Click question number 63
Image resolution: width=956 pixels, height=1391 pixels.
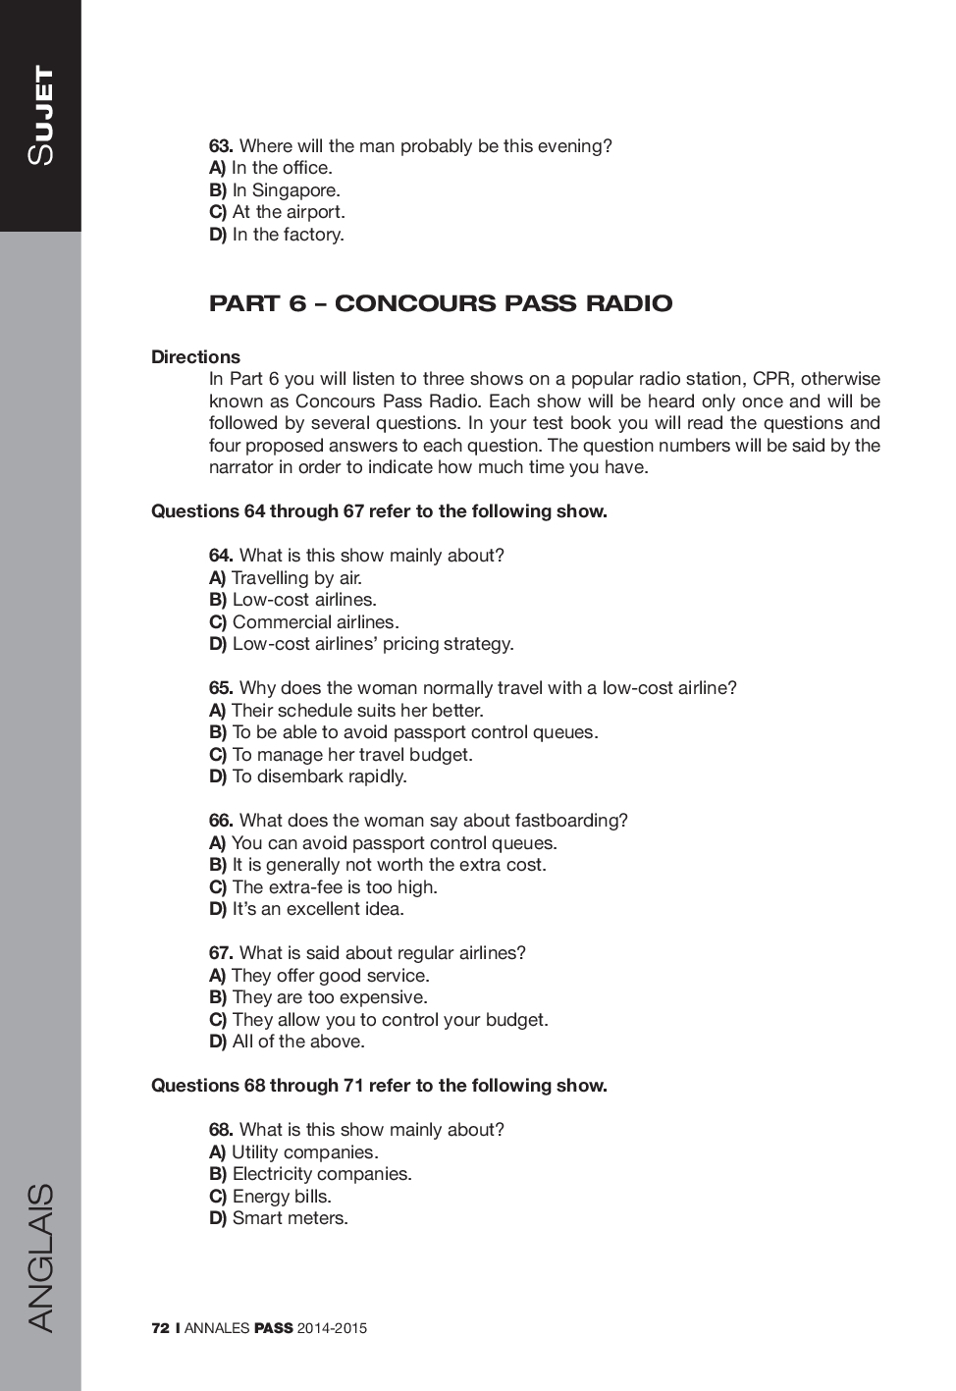pos(221,146)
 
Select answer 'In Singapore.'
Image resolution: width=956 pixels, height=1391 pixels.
pos(286,190)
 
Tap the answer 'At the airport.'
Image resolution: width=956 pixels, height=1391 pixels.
pos(289,212)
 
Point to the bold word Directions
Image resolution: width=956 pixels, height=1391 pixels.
pos(195,357)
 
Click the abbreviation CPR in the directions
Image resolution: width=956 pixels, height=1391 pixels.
pos(771,379)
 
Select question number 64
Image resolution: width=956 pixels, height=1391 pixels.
pos(221,556)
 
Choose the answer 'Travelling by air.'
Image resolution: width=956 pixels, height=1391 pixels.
pos(296,578)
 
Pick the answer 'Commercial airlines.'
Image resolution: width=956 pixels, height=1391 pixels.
pos(315,622)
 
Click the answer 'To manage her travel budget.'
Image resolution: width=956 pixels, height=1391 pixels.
pos(352,755)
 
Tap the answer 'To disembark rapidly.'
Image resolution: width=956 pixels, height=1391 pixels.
pos(319,776)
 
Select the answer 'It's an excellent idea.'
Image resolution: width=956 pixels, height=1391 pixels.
pos(318,909)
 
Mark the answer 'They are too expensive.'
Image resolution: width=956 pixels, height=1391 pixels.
pos(330,997)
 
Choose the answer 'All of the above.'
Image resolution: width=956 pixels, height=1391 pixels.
pos(298,1042)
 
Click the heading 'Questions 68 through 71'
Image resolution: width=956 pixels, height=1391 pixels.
pos(379,1086)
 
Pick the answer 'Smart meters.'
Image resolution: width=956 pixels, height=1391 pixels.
pos(290,1218)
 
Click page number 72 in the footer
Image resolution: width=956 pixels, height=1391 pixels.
pos(160,1328)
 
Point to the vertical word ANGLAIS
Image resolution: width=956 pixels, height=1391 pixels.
pos(41,1257)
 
